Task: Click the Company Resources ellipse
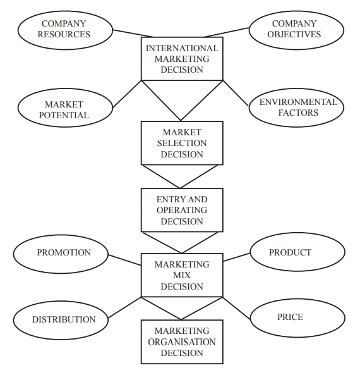(x=64, y=29)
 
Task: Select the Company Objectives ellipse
(x=294, y=29)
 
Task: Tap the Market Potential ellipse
(x=64, y=109)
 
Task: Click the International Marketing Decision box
(x=182, y=59)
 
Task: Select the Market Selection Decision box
(x=182, y=143)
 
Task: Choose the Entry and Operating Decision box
(x=182, y=210)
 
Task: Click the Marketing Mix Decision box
(x=182, y=275)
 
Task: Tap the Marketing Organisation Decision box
(x=182, y=341)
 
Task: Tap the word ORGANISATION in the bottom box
(x=182, y=342)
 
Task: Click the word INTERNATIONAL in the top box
(x=182, y=48)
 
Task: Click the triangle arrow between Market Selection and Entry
(x=182, y=175)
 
